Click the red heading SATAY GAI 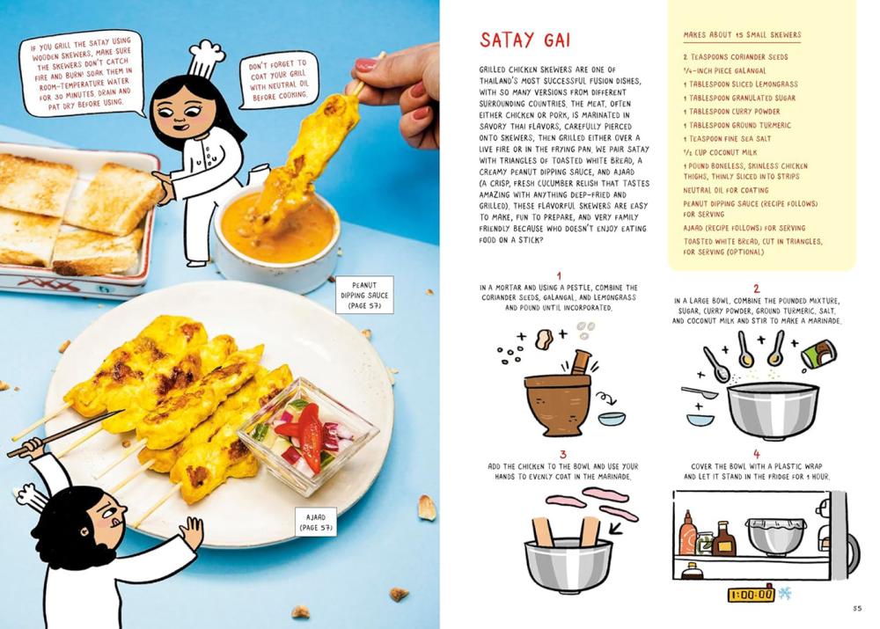click(x=524, y=40)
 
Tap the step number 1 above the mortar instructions click(x=559, y=275)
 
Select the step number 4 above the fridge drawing click(x=757, y=454)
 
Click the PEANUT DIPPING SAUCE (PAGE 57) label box click(x=364, y=295)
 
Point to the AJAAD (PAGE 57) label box click(x=316, y=522)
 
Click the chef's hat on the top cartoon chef click(x=206, y=58)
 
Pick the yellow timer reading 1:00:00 click(x=751, y=594)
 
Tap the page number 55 click(x=856, y=608)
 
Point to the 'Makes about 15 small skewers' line click(x=742, y=35)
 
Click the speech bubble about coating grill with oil click(x=279, y=80)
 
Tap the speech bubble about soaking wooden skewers click(x=82, y=74)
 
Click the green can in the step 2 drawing click(x=819, y=354)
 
